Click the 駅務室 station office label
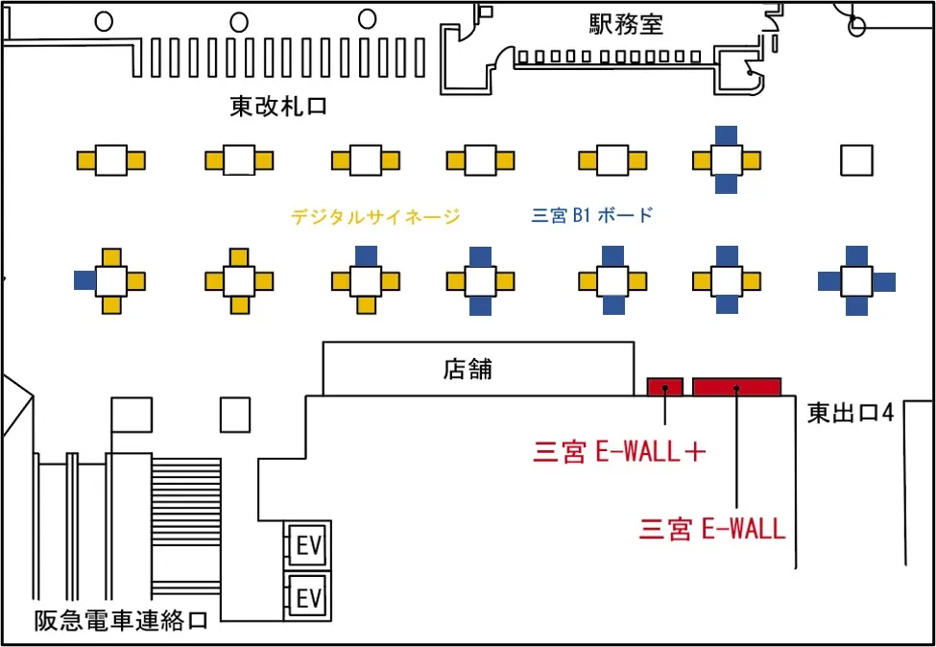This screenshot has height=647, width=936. coord(626,24)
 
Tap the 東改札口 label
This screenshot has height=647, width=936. coord(278,107)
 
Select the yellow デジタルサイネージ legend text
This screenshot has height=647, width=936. coord(375,217)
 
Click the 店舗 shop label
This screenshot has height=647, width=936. coord(468,369)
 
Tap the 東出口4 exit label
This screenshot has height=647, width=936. coord(851,414)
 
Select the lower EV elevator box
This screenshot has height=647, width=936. coord(308,598)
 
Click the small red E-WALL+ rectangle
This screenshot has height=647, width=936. coord(664,387)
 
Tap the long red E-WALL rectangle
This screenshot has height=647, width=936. coord(736,387)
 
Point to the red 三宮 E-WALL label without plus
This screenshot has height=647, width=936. coord(712,528)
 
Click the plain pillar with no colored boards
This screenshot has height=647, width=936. coord(856,159)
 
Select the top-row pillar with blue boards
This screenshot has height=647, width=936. coord(727,159)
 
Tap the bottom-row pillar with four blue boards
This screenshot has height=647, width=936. coord(856,281)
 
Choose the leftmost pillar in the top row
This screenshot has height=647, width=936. coord(111,159)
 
